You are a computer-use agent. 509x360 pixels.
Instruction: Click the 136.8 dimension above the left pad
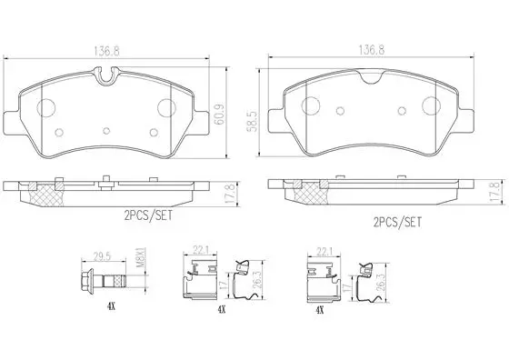pyautogui.click(x=106, y=51)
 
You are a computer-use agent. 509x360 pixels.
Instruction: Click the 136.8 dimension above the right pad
pyautogui.click(x=372, y=50)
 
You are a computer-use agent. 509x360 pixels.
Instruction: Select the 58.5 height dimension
pyautogui.click(x=254, y=122)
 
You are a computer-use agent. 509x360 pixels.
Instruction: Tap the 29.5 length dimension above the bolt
pyautogui.click(x=102, y=255)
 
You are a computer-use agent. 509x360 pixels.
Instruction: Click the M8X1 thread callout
pyautogui.click(x=141, y=258)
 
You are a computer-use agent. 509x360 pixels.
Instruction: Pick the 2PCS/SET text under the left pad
pyautogui.click(x=148, y=215)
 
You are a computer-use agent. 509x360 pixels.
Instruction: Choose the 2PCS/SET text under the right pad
pyautogui.click(x=398, y=223)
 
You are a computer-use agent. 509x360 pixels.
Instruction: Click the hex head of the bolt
pyautogui.click(x=86, y=280)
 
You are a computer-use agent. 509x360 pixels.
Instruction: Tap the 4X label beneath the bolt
pyautogui.click(x=111, y=306)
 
